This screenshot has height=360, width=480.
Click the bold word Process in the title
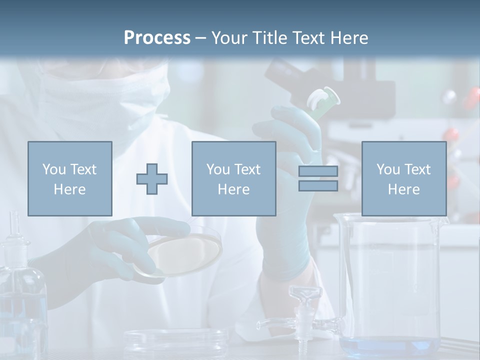[157, 38]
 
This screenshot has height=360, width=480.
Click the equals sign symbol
[318, 178]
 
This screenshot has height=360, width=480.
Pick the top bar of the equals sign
[318, 171]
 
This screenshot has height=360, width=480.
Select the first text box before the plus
[70, 178]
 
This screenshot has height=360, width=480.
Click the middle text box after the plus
[233, 178]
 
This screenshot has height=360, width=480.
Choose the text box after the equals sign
[403, 178]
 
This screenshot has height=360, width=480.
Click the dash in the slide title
[200, 38]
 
